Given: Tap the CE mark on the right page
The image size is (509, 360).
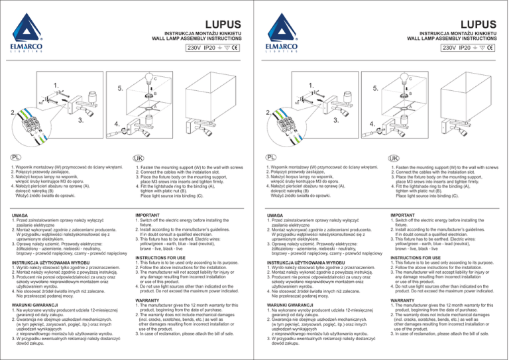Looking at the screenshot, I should pos(497,47).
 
